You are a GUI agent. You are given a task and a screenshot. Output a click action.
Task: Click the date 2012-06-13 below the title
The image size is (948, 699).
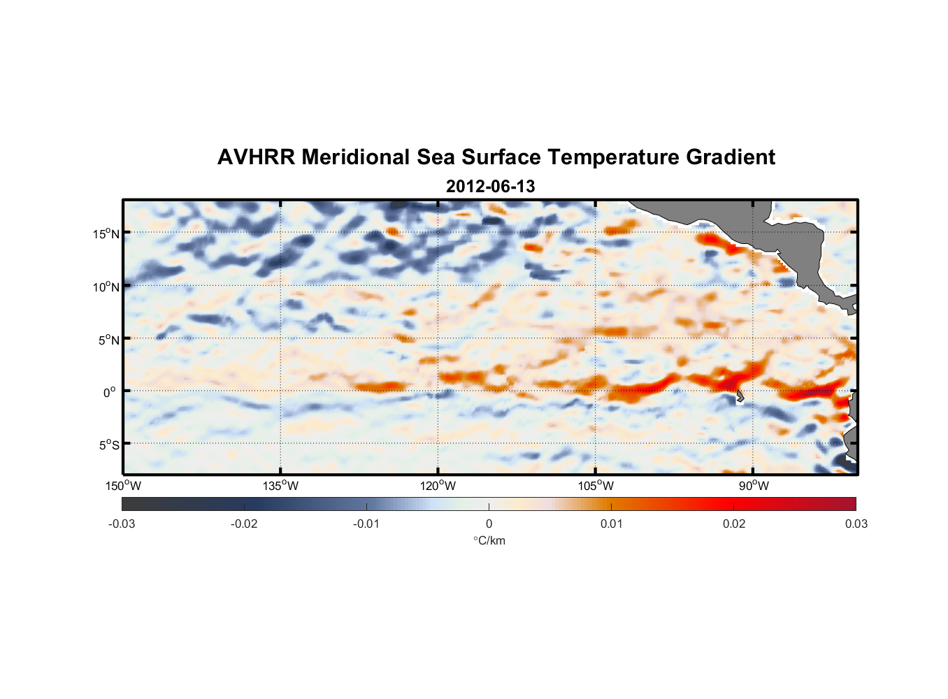click(490, 187)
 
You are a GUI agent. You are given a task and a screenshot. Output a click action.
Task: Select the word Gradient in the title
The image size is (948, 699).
click(730, 157)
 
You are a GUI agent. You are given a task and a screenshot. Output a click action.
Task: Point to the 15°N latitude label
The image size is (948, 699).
click(106, 233)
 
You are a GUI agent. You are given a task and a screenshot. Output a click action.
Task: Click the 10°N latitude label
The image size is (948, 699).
click(106, 287)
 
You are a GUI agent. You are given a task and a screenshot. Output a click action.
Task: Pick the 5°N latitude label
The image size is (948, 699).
click(108, 340)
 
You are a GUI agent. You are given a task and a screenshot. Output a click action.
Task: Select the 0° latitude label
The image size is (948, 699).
click(110, 392)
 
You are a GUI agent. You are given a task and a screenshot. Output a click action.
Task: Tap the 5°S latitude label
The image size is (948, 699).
click(108, 445)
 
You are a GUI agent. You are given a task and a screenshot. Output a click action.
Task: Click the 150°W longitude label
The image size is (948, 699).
click(124, 486)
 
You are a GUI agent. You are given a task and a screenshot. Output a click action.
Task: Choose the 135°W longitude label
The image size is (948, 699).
click(281, 486)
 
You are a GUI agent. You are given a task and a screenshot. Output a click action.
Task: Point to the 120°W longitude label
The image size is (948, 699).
click(438, 486)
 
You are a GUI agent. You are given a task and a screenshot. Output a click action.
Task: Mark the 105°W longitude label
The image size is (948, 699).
click(596, 486)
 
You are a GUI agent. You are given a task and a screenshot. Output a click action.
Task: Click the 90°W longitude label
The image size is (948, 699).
click(754, 486)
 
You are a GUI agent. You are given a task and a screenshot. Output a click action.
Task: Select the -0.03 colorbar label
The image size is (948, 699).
click(122, 524)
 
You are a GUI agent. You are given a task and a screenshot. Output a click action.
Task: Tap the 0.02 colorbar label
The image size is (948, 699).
click(734, 524)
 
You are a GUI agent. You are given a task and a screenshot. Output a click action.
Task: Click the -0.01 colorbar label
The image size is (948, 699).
click(366, 524)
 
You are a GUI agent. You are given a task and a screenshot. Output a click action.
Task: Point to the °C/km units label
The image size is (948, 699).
click(489, 540)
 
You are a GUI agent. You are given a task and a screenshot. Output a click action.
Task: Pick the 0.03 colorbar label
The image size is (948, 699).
click(856, 524)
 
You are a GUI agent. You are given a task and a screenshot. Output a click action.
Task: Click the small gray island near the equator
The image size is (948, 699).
click(740, 396)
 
